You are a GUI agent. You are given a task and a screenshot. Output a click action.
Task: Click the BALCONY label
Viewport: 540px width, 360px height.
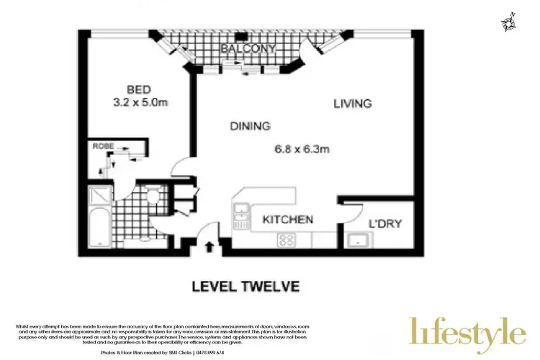coord(248,48)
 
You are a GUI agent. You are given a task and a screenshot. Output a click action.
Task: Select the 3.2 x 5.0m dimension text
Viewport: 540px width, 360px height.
coord(140,103)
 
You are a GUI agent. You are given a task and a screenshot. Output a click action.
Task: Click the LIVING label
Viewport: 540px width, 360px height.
coord(352,104)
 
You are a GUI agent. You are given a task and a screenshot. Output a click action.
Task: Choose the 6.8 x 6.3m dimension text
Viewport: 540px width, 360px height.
coord(302,150)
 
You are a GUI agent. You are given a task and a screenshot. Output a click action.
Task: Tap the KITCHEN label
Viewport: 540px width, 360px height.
coord(287,219)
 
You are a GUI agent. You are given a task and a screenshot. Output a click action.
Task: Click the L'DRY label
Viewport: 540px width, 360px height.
coord(385,223)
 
